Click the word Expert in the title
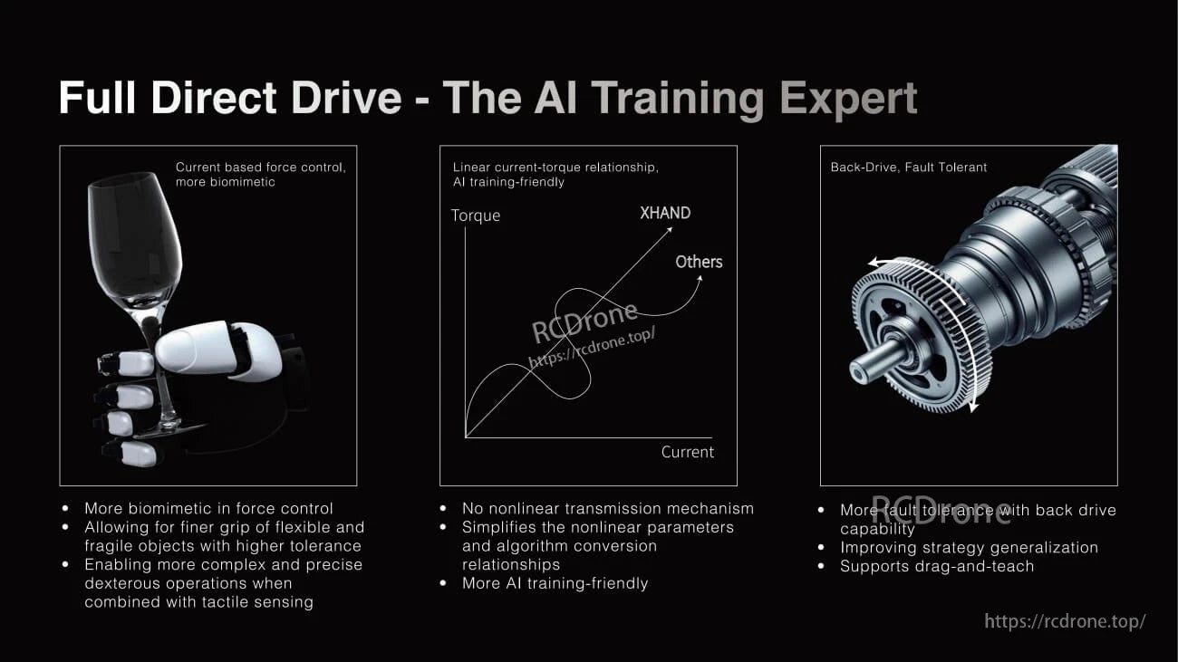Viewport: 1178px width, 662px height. coord(848,98)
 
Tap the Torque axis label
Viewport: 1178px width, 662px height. coord(476,216)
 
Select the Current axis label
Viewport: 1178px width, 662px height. coord(687,452)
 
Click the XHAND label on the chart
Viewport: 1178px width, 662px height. coord(665,213)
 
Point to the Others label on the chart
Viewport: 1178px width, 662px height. coord(699,262)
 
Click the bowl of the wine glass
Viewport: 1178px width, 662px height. coord(134,235)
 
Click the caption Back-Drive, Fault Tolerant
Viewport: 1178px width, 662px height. coord(909,167)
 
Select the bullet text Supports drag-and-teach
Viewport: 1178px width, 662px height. coord(937,566)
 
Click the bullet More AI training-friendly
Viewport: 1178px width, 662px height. coord(555,583)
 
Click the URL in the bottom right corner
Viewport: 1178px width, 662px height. coord(1065,621)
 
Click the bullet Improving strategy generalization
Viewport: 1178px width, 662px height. coord(969,547)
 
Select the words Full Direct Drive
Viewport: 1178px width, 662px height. coord(230,98)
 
